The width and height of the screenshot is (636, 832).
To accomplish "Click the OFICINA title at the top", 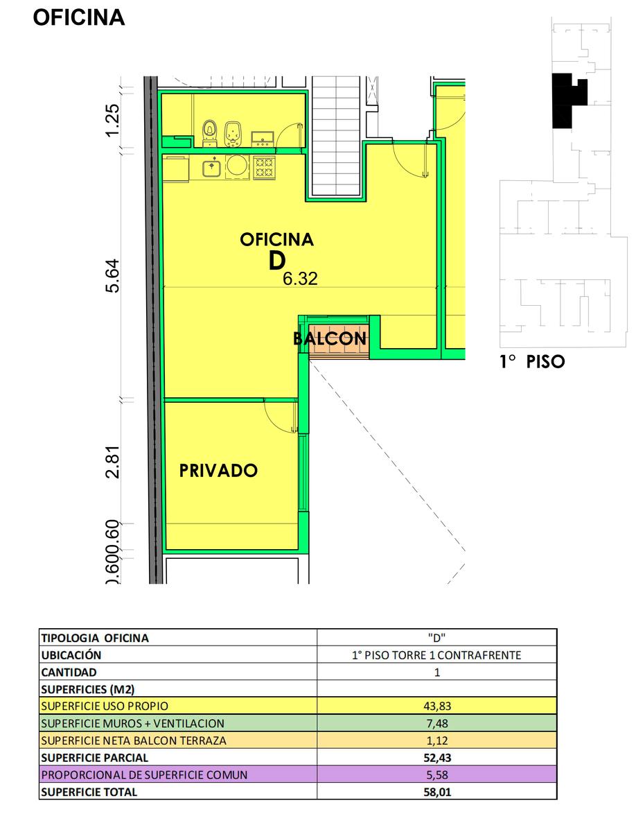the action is point(79,17).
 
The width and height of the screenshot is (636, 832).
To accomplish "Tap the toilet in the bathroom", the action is point(209,132).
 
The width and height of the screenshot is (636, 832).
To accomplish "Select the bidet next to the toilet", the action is point(233,134).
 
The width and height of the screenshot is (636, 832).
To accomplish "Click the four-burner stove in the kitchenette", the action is point(264,168).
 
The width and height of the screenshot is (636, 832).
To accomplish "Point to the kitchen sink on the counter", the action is point(212,167).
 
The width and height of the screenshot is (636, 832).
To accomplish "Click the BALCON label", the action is point(330,338).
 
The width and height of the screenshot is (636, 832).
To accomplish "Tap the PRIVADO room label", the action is point(218,470).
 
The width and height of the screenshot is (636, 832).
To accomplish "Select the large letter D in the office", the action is point(277,261).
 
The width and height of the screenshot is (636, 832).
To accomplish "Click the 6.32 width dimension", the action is point(300,279).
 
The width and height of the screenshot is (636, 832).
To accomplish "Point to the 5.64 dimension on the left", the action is point(112,276).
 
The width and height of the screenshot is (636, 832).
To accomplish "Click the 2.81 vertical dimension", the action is point(112,462).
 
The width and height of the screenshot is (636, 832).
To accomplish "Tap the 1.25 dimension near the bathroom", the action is point(112,120).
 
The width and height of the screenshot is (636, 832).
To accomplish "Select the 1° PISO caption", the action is point(532,362).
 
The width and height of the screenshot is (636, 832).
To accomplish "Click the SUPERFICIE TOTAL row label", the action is point(89,792).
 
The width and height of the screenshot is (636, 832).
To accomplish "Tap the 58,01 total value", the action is point(437,792).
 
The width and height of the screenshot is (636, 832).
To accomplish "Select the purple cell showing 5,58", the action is point(436,774).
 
